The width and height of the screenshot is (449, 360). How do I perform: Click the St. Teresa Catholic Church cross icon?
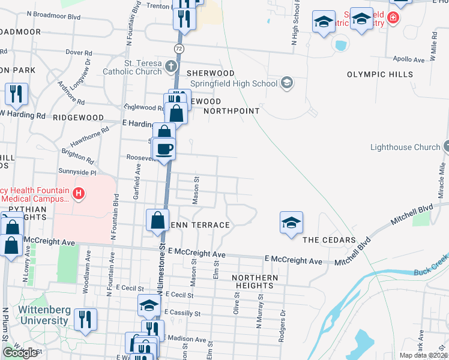pyautogui.click(x=171, y=65)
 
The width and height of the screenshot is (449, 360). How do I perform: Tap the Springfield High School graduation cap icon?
pyautogui.click(x=287, y=82)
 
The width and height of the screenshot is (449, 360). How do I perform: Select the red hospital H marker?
pyautogui.click(x=77, y=193)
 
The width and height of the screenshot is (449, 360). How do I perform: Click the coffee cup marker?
pyautogui.click(x=163, y=149)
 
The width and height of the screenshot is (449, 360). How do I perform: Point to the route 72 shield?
pyautogui.click(x=179, y=47)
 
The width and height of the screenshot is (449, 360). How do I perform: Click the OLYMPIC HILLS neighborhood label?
pyautogui.click(x=380, y=74)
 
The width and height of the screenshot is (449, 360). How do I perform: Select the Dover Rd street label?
pyautogui.click(x=78, y=53)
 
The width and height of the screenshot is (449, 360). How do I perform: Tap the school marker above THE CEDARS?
pyautogui.click(x=291, y=223)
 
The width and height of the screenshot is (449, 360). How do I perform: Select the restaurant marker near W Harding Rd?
pyautogui.click(x=16, y=94)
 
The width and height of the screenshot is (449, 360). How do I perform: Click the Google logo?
pyautogui.click(x=20, y=353)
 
